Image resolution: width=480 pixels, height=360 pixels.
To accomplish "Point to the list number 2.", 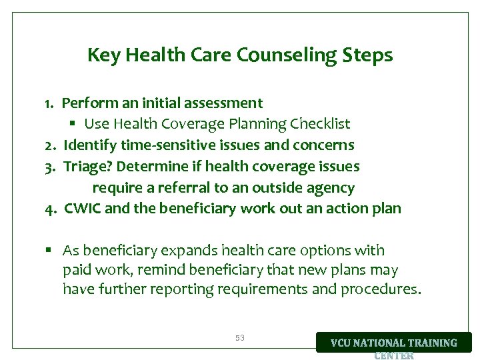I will click(x=49, y=145).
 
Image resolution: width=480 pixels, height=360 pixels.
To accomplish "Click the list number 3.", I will click(x=49, y=166).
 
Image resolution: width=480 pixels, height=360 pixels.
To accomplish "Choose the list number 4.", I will click(x=50, y=209).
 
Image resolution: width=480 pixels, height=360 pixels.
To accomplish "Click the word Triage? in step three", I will click(x=87, y=166).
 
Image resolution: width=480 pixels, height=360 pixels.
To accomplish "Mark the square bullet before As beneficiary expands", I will click(x=49, y=251).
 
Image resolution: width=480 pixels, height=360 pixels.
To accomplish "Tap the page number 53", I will click(x=240, y=339).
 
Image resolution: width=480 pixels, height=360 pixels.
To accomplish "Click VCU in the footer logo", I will click(x=345, y=343).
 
